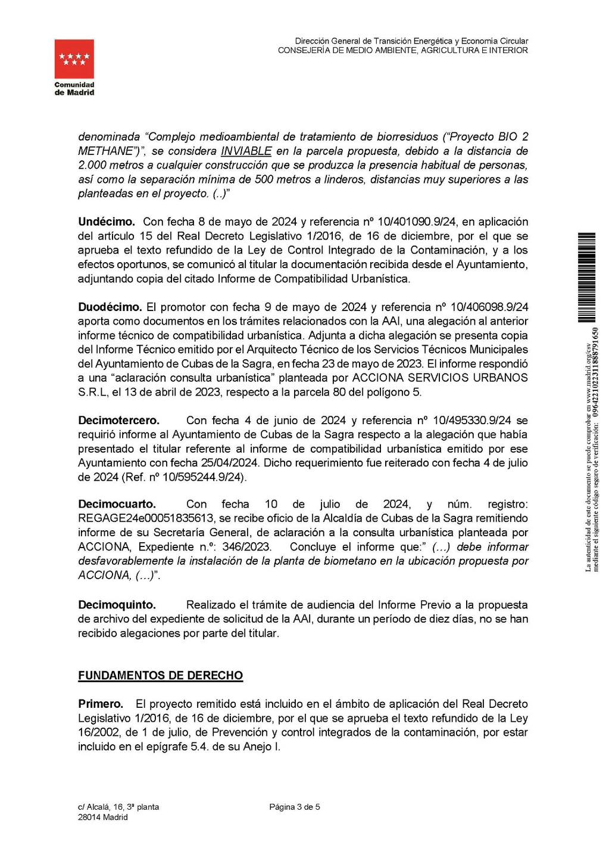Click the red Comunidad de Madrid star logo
tap(74, 59)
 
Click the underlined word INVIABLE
tap(246, 151)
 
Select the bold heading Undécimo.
tap(107, 222)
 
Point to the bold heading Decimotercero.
tap(119, 420)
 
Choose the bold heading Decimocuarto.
tap(117, 504)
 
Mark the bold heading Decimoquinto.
tap(117, 604)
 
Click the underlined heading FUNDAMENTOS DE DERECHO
tap(161, 675)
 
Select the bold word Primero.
tap(101, 704)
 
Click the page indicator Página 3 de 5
tap(295, 807)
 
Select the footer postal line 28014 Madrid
tap(103, 817)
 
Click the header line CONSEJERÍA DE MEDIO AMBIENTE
tap(402, 51)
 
